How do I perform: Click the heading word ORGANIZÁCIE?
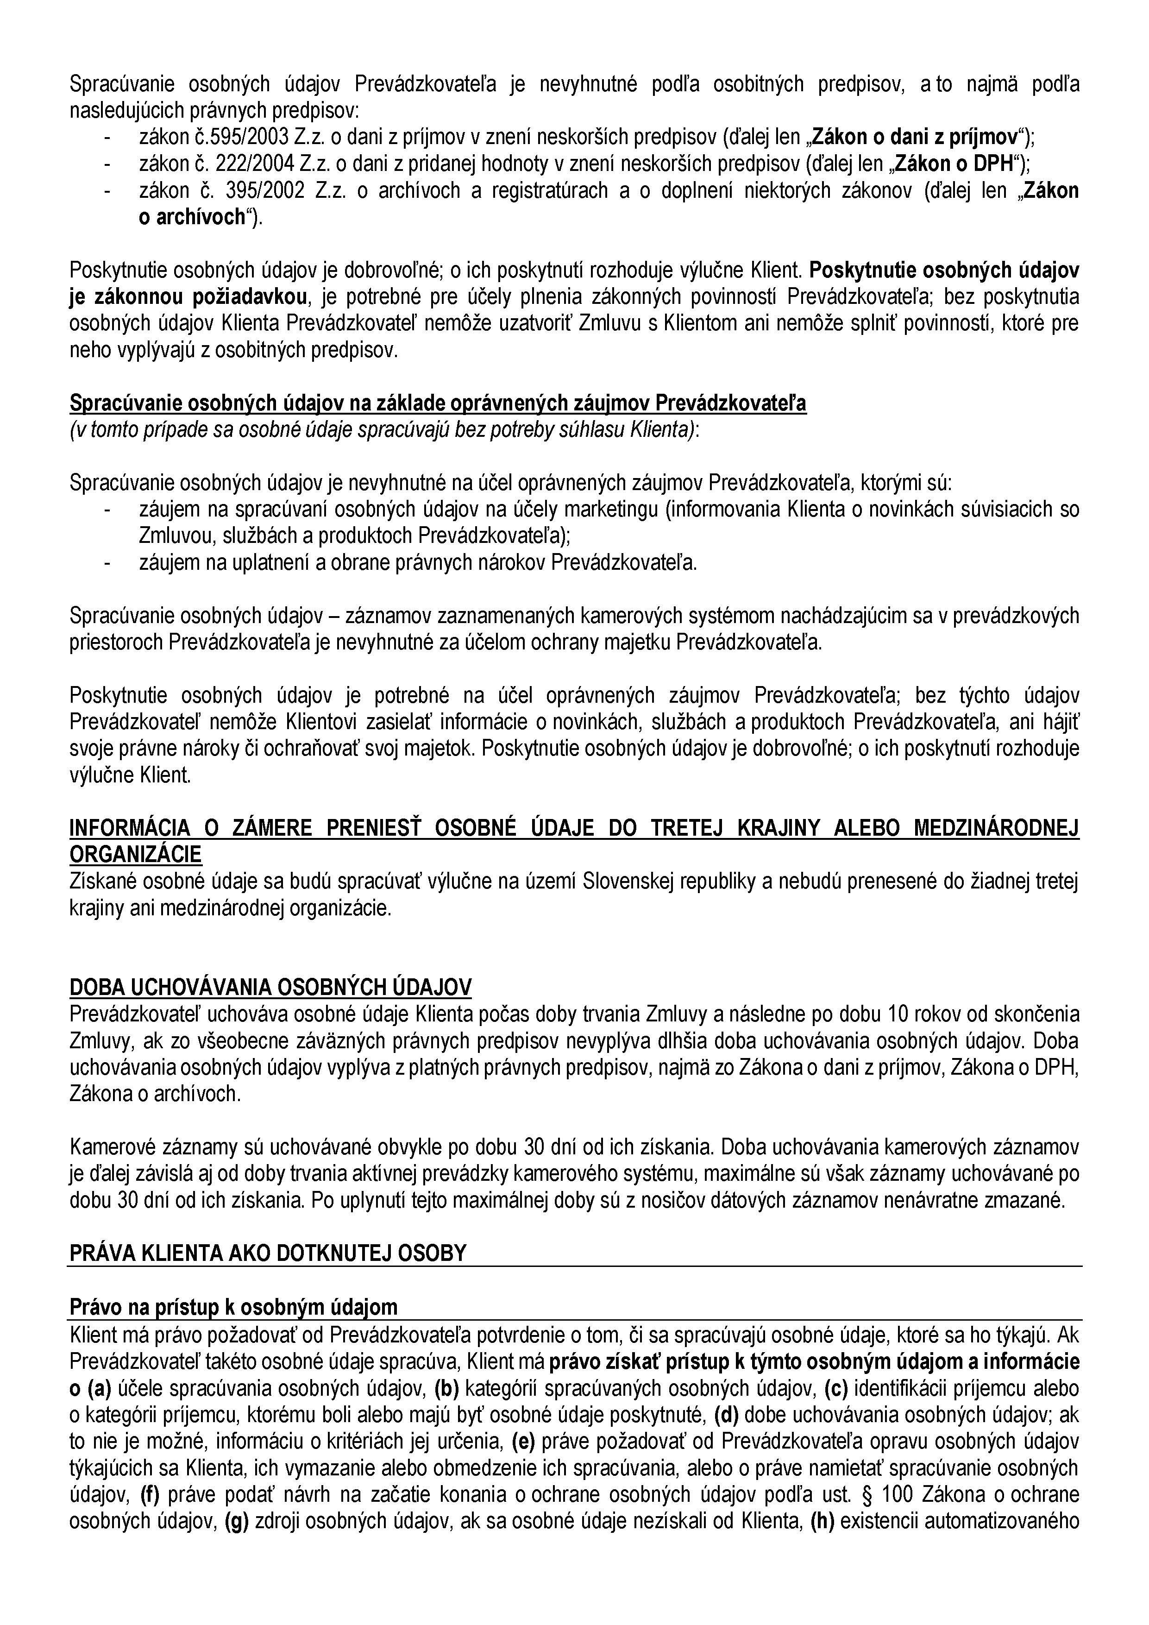[135, 854]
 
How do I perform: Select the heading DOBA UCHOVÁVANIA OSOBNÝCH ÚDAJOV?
[270, 987]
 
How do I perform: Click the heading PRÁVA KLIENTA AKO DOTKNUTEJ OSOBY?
[268, 1253]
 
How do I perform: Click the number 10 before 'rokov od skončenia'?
[898, 1014]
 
